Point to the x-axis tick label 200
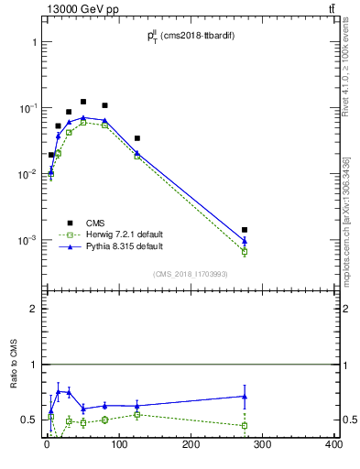click(x=191, y=444)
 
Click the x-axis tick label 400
click(x=333, y=444)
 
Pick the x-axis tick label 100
click(x=118, y=444)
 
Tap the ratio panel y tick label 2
click(x=34, y=309)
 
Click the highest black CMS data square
click(x=83, y=102)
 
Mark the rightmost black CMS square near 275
click(x=245, y=230)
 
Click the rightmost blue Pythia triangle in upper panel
click(x=245, y=241)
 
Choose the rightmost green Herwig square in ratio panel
click(x=245, y=426)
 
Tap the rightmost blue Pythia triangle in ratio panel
click(x=245, y=397)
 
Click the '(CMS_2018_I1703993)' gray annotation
click(x=190, y=274)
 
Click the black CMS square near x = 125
click(x=136, y=138)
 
